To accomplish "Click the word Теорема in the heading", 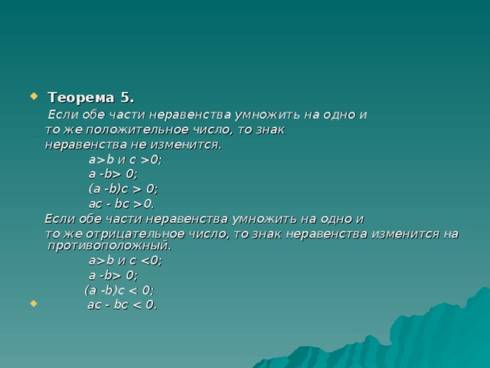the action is [81, 97].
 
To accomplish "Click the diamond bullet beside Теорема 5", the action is [34, 96].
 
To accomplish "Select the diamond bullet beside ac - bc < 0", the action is [34, 304].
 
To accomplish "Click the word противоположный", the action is [109, 245].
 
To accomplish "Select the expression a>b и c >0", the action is [126, 159].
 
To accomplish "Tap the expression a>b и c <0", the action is [126, 261].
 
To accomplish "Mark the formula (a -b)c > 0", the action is [123, 189].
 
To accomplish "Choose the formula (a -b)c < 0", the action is [119, 291].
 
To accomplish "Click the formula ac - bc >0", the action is [122, 204].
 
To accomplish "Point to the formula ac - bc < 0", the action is [122, 304].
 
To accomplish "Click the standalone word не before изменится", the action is [139, 145].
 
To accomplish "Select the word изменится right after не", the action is [186, 145].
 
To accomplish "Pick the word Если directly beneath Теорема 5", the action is [63, 114].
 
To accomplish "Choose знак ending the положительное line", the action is [270, 130].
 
